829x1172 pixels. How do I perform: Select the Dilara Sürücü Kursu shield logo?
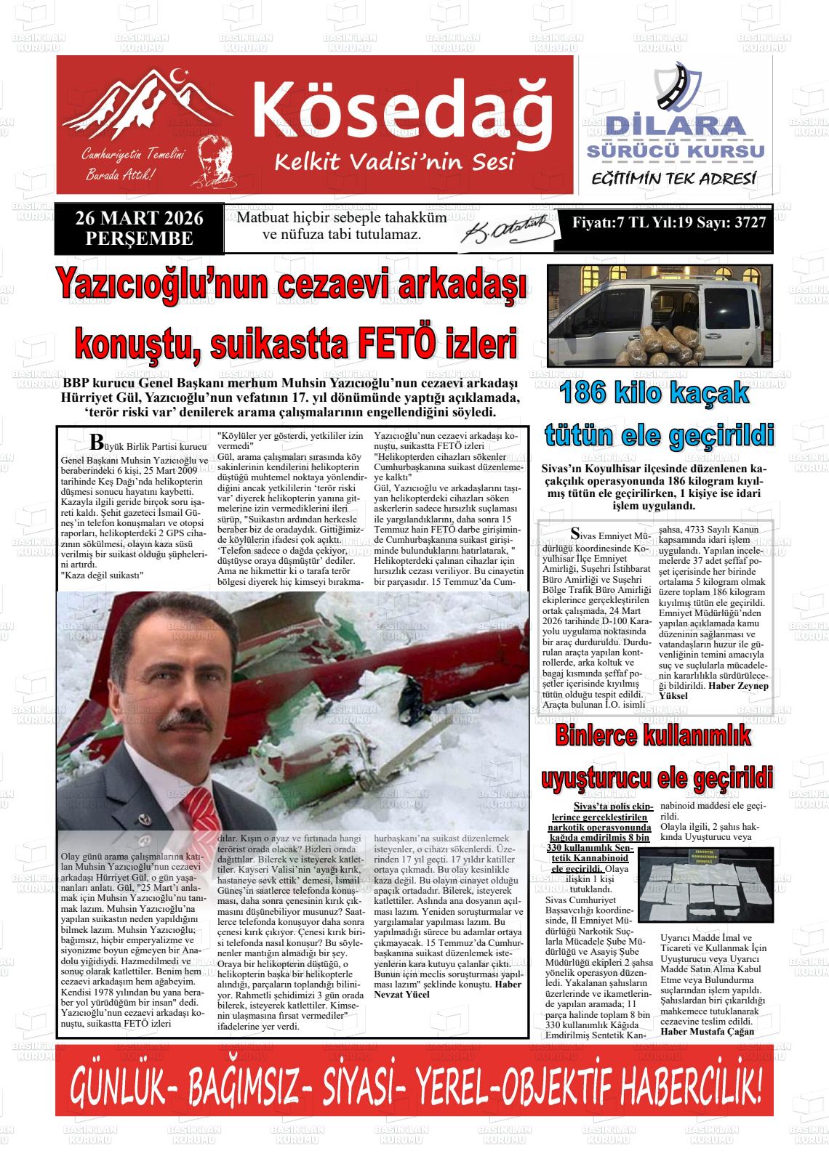point(676,87)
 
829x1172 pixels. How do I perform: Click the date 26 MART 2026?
point(139,218)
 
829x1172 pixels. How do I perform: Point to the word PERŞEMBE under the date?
point(139,238)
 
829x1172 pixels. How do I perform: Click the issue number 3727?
point(750,223)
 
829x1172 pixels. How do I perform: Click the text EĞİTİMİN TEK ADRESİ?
point(673,179)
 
